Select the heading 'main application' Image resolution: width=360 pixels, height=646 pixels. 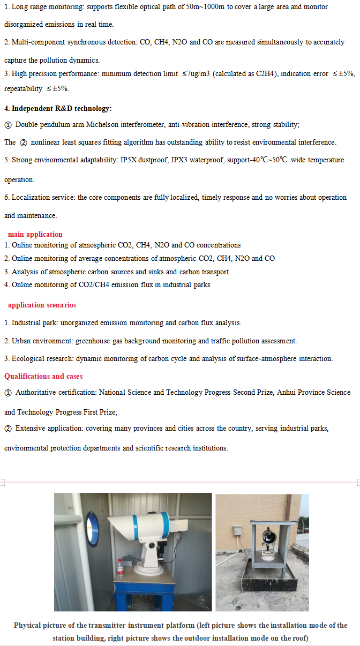(x=35, y=234)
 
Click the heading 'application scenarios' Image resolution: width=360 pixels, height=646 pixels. (x=42, y=305)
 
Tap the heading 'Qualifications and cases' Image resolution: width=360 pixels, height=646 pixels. (x=43, y=376)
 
